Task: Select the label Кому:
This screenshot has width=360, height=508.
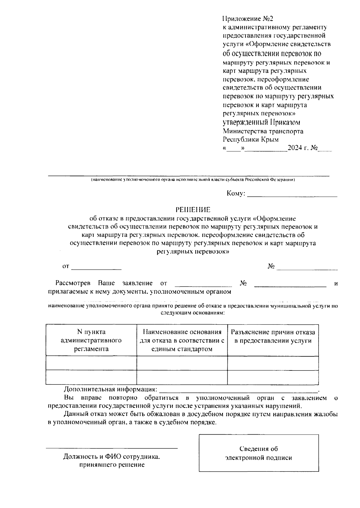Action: click(236, 194)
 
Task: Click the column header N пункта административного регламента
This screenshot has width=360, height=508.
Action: click(91, 340)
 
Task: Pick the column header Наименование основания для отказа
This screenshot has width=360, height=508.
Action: click(182, 340)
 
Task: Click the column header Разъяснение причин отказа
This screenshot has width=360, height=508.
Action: click(273, 336)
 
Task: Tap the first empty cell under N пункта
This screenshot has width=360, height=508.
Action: click(91, 363)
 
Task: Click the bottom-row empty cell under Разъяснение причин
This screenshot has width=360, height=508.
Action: click(273, 377)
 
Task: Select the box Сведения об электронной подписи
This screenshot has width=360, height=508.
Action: click(259, 453)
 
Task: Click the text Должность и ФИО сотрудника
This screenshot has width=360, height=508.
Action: click(112, 457)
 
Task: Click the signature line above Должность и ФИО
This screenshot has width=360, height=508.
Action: click(112, 448)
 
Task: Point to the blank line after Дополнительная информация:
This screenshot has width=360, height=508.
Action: click(238, 390)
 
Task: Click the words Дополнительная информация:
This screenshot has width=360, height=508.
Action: click(110, 389)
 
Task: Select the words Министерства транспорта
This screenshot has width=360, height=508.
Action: click(263, 131)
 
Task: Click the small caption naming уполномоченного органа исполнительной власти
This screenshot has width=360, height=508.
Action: click(193, 180)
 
